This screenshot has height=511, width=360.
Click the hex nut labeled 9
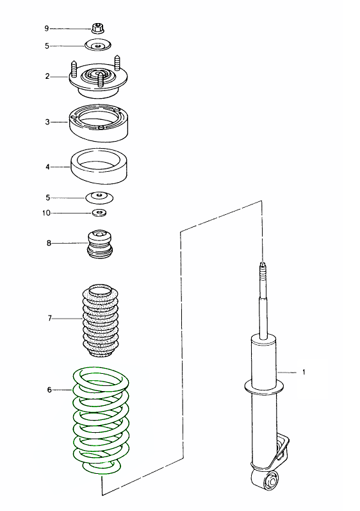[97, 28]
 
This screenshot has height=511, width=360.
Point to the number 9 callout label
[47, 29]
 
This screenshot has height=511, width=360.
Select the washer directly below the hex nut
[98, 45]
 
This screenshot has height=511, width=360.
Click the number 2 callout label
[47, 76]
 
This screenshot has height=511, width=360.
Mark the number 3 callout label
[47, 122]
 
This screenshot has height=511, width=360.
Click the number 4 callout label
[47, 167]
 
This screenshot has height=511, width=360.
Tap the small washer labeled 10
[99, 213]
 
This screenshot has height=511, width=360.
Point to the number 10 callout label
[46, 213]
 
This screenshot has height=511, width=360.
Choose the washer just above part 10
[99, 197]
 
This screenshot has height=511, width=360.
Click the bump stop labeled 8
[100, 244]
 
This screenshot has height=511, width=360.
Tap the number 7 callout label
[49, 318]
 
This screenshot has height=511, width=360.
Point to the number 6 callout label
[49, 390]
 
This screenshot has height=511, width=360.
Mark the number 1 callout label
[304, 372]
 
